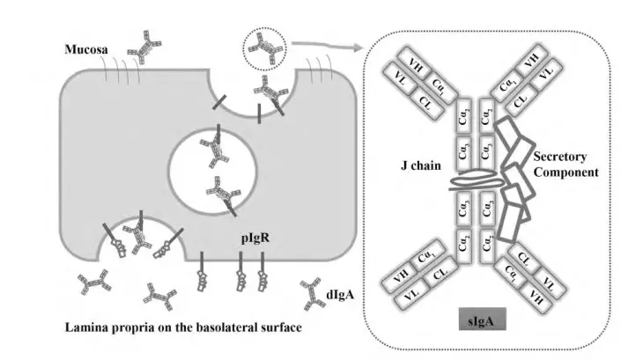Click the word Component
coord(565,172)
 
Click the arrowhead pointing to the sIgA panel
coord(360,41)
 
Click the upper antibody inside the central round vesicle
coord(215,149)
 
